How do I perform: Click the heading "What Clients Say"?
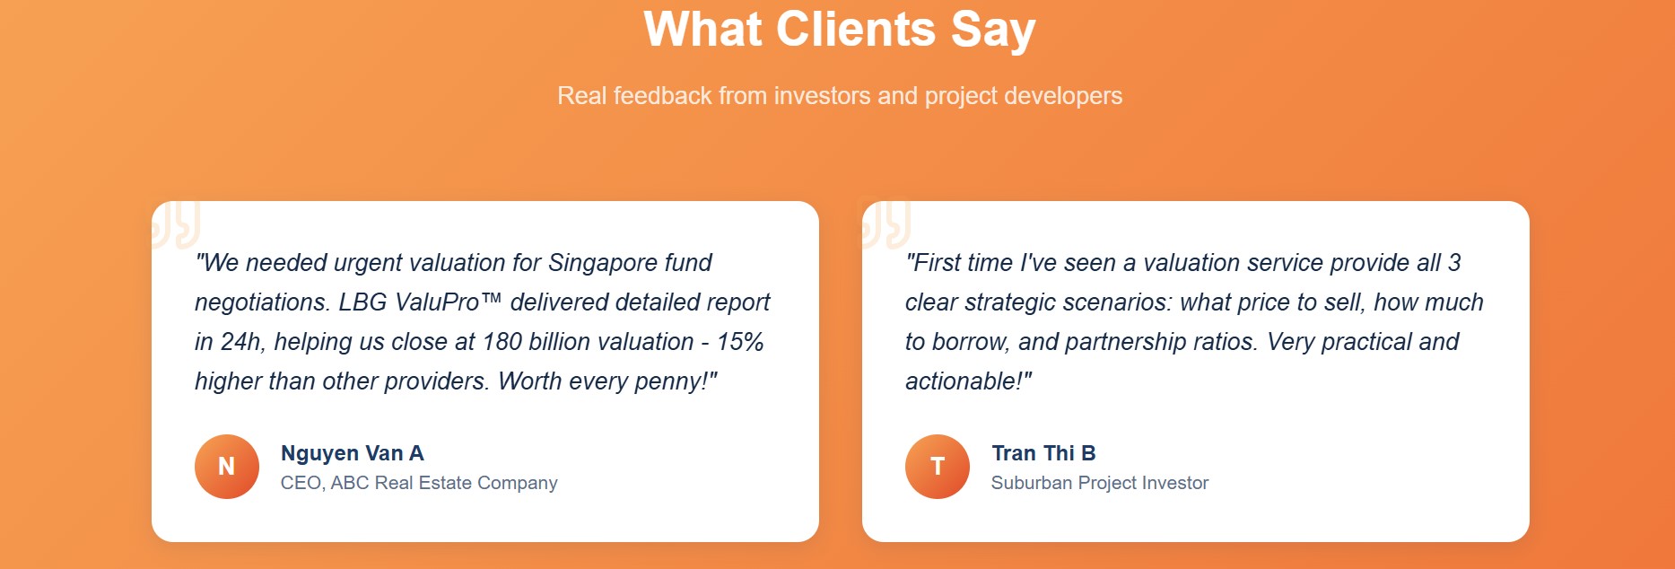840,30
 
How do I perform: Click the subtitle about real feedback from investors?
840,96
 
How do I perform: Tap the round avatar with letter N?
227,467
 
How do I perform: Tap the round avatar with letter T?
938,467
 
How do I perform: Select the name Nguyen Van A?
353,453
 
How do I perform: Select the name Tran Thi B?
1043,453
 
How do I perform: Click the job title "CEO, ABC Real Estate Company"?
419,483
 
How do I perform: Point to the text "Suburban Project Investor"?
1100,483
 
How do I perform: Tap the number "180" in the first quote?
502,342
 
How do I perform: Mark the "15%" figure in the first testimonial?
740,342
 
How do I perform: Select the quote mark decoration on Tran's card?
885,223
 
